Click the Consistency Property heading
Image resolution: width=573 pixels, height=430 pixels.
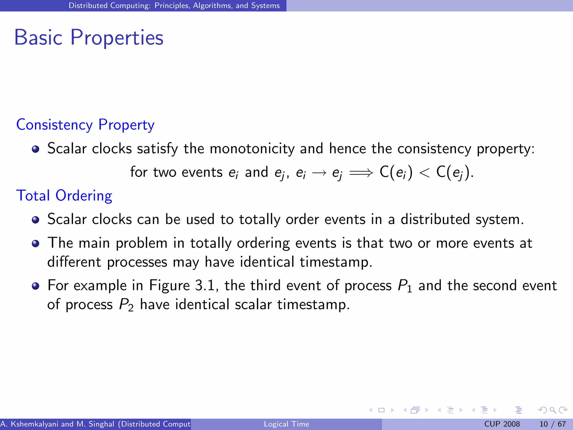pyautogui.click(x=85, y=125)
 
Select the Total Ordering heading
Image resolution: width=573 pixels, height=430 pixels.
pyautogui.click(x=64, y=195)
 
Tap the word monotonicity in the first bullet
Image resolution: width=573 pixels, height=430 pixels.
pyautogui.click(x=252, y=149)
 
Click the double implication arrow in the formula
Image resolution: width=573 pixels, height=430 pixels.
pyautogui.click(x=361, y=172)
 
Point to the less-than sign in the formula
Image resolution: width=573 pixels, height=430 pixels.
pyautogui.click(x=424, y=172)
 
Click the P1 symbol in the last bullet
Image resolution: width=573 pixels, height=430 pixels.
pyautogui.click(x=405, y=286)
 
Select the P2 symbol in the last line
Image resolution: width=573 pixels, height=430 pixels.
pyautogui.click(x=126, y=305)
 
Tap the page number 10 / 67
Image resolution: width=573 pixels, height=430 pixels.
pyautogui.click(x=552, y=424)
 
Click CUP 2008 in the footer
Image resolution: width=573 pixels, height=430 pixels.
pyautogui.click(x=502, y=424)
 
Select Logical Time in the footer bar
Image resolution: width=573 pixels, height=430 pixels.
pyautogui.click(x=286, y=424)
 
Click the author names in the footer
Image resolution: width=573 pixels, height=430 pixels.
pyautogui.click(x=95, y=424)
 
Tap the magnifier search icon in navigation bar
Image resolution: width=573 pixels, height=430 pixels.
pyautogui.click(x=553, y=410)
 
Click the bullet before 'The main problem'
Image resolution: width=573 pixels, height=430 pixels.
pyautogui.click(x=36, y=244)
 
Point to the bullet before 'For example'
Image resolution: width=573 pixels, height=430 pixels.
pyautogui.click(x=36, y=286)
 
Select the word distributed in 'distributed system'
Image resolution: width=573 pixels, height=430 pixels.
pyautogui.click(x=435, y=219)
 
